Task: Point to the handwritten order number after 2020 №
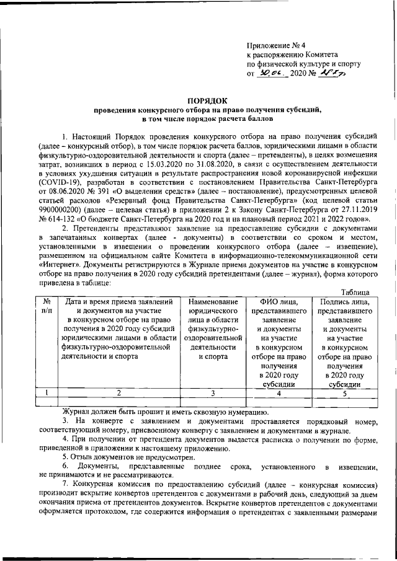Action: pyautogui.click(x=334, y=73)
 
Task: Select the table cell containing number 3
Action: pyautogui.click(x=212, y=392)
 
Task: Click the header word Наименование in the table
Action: pyautogui.click(x=213, y=302)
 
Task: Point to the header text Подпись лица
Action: pyautogui.click(x=347, y=302)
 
